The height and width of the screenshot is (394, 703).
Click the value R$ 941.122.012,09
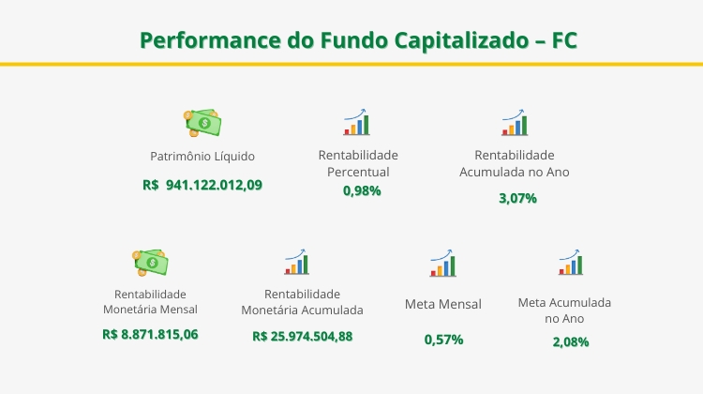[202, 185]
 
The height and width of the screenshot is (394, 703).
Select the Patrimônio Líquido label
[202, 156]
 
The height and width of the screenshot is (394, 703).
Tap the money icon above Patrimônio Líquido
[202, 122]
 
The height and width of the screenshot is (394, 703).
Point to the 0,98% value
[362, 190]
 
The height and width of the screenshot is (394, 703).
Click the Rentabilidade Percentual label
[358, 163]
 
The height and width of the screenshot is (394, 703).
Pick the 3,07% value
[517, 198]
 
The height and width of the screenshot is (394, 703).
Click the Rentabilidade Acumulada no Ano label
[514, 163]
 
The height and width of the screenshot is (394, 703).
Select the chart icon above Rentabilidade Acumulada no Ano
[515, 123]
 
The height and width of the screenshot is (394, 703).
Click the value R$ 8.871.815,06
[150, 334]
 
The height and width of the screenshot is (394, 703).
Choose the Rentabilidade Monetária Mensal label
[150, 301]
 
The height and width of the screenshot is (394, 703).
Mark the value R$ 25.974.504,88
[302, 336]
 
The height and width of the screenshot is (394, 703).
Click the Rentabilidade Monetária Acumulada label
[302, 301]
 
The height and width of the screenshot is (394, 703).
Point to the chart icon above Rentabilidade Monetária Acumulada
[297, 262]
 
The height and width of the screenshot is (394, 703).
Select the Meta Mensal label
[443, 304]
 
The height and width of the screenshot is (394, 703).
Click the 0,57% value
[443, 340]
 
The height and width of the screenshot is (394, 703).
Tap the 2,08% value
[571, 341]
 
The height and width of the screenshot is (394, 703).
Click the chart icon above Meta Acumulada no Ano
[570, 262]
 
